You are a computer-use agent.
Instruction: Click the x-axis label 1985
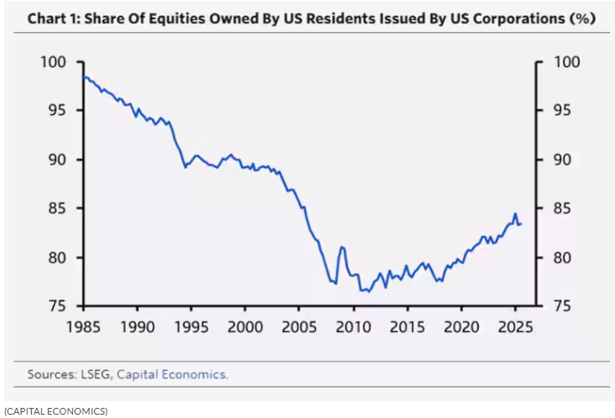coord(83,326)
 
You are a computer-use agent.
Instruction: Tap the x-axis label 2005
coord(299,326)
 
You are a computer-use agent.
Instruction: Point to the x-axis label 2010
coord(354,326)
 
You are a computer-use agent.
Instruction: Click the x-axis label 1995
coord(192,326)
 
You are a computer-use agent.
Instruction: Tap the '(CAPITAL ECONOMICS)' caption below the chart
coord(55,410)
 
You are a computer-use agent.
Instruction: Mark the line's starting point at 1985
coord(83,77)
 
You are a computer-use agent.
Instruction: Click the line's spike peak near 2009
coord(342,246)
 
